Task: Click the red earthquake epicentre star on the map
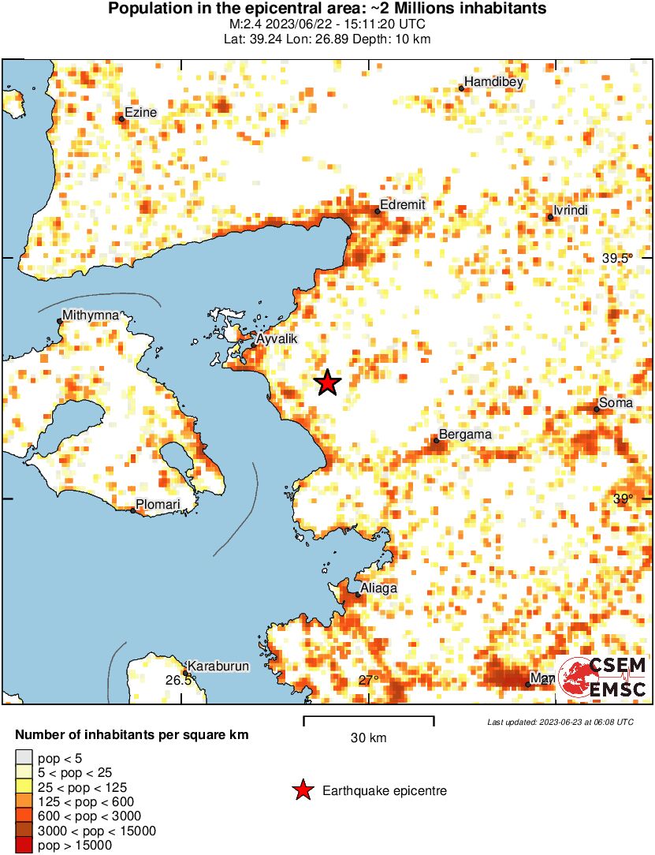click(x=328, y=383)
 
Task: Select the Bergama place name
click(x=465, y=434)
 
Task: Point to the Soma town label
click(x=616, y=403)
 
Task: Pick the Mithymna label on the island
click(x=91, y=315)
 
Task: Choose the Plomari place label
click(x=158, y=504)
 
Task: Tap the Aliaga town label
click(x=378, y=588)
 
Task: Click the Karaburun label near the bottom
click(x=219, y=666)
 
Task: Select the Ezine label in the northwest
click(x=142, y=112)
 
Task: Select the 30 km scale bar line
click(x=369, y=718)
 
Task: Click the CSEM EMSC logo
click(x=603, y=677)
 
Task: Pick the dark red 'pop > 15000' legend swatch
click(x=24, y=846)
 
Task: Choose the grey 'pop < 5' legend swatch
click(x=24, y=758)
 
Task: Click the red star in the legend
click(x=303, y=790)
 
